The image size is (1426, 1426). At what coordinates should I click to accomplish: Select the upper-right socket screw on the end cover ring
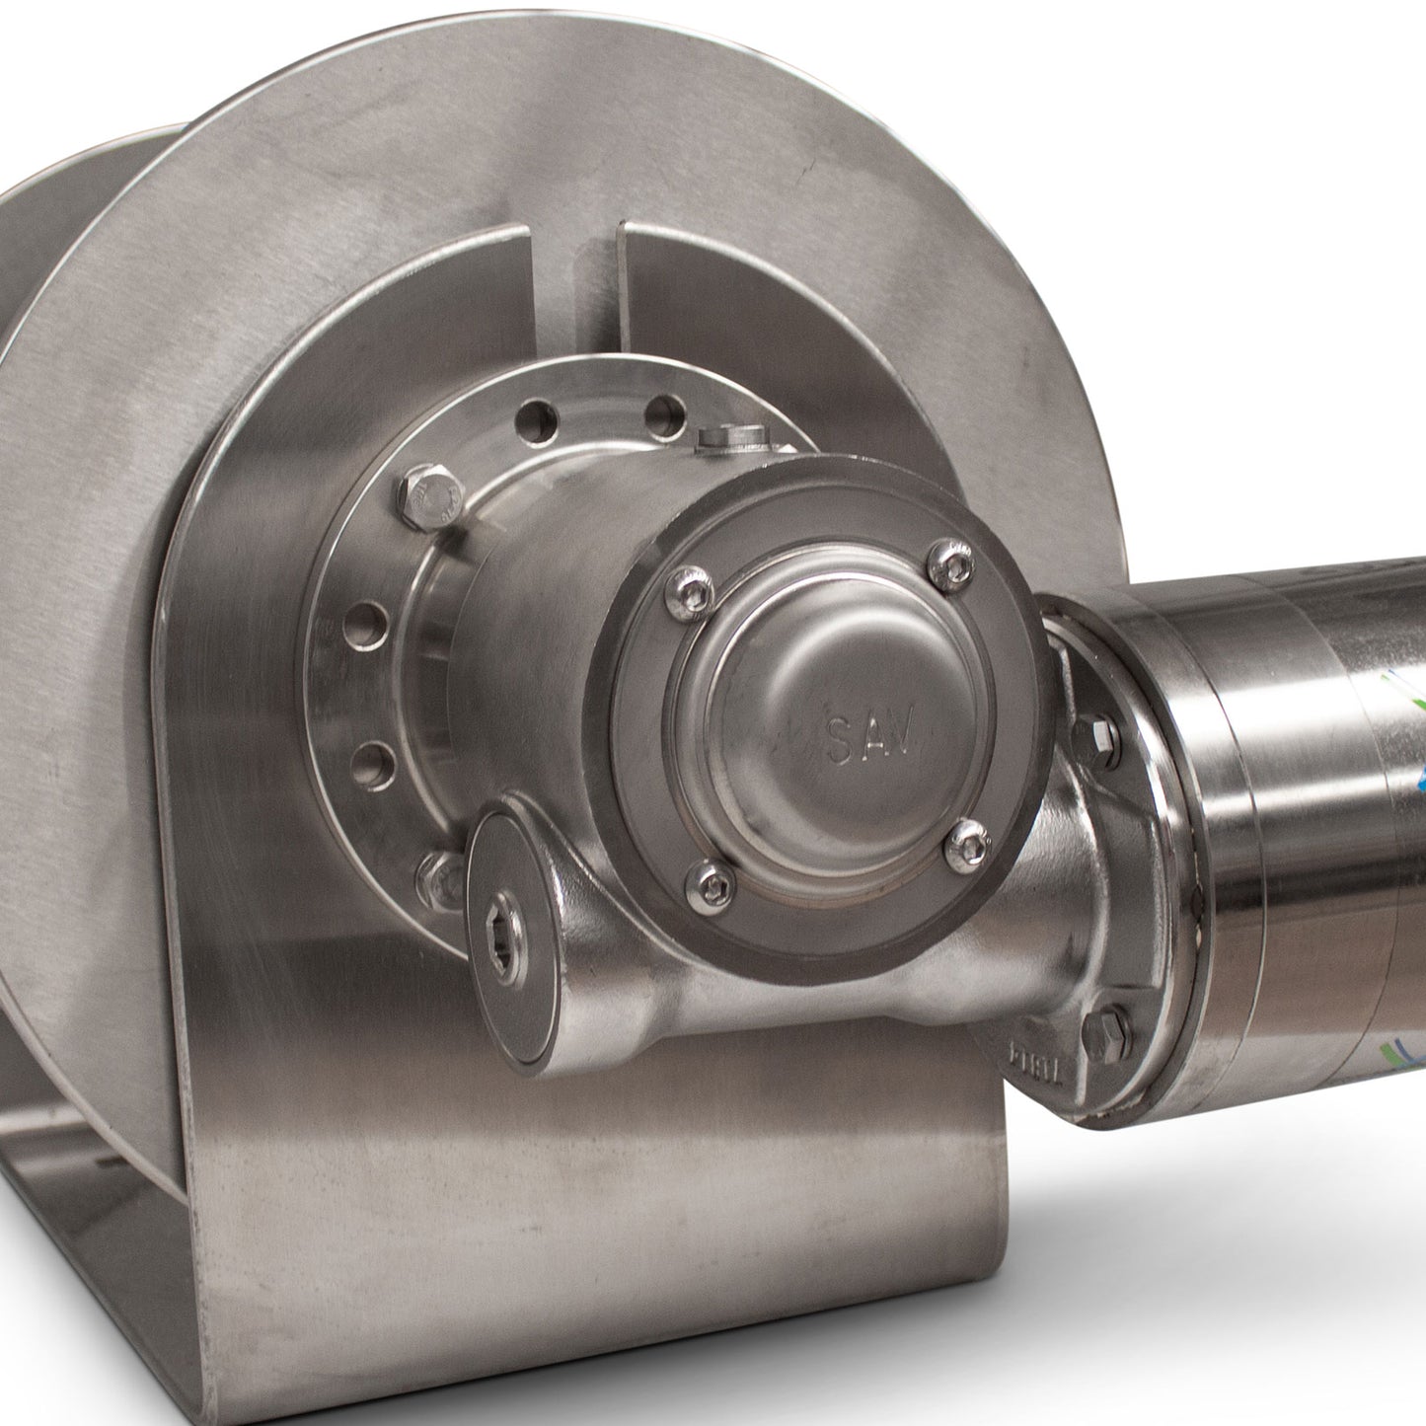[x=952, y=564]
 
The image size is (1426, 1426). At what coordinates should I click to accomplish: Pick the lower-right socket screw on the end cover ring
[x=967, y=846]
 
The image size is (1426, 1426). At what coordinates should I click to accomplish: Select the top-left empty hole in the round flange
[x=534, y=418]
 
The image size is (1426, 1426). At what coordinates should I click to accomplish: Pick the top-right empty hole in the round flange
[x=665, y=414]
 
